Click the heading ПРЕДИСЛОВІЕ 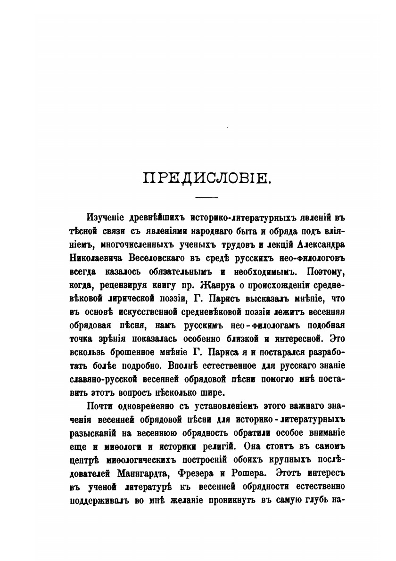click(206, 179)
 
